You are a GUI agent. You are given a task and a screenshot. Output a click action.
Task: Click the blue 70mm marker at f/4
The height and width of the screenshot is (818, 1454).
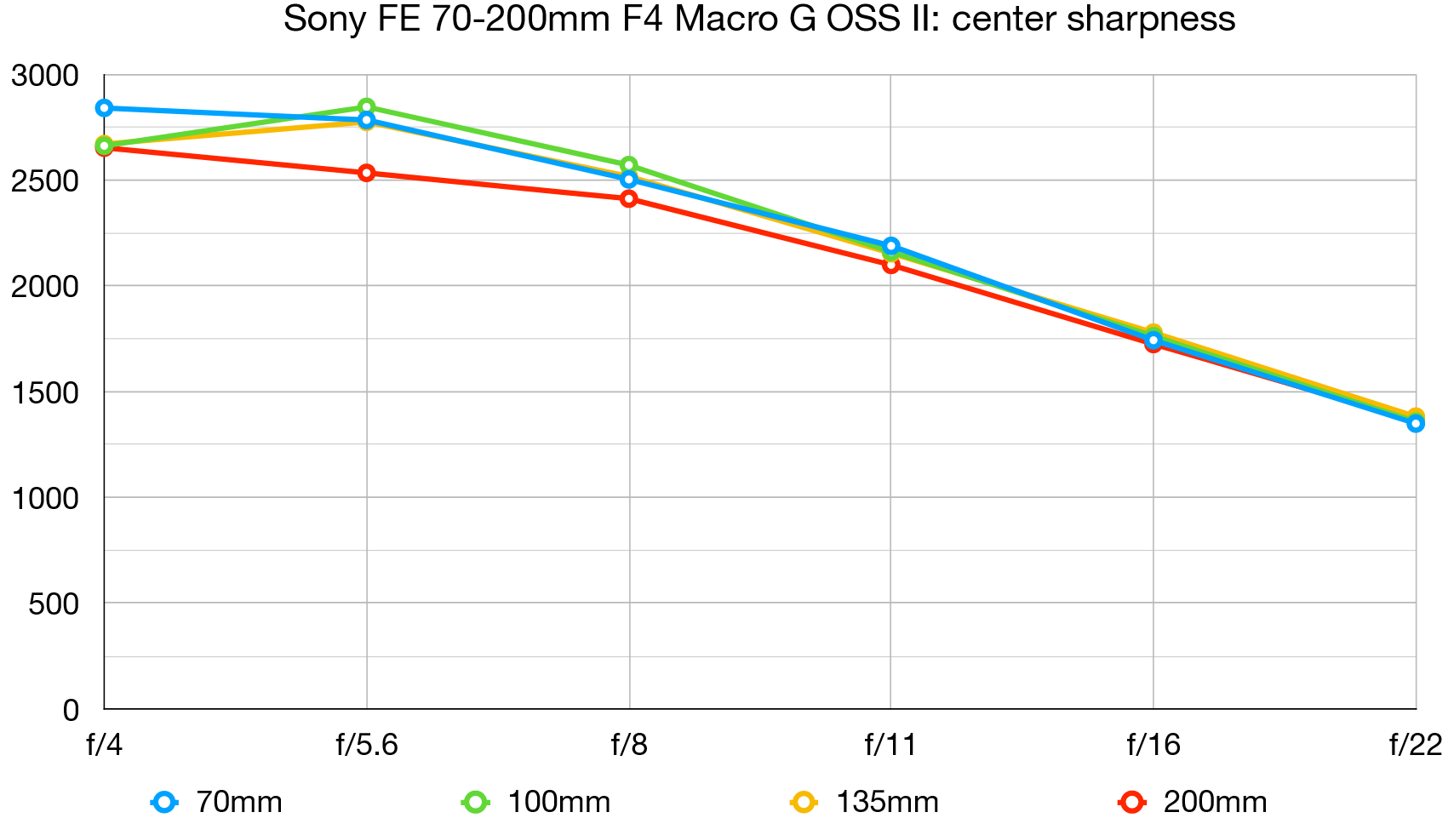coord(104,108)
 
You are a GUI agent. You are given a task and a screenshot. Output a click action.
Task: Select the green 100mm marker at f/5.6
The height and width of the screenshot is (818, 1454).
coord(367,107)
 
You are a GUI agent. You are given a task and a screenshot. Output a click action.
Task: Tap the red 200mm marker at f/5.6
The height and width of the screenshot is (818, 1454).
coord(367,173)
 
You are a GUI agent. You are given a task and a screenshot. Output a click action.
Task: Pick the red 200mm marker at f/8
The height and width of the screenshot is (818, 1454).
coord(629,198)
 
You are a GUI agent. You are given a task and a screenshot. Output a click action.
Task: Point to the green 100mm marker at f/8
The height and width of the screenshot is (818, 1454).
coord(629,165)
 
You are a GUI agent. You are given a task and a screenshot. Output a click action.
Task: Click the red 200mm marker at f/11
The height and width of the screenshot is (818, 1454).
coord(891,265)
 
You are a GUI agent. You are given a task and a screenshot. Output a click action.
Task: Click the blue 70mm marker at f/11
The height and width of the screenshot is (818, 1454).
coord(891,246)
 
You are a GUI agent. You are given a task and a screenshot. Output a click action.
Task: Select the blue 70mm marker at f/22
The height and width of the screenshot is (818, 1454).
coord(1416,423)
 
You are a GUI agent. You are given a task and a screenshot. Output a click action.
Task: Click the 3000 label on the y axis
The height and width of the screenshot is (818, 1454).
coord(44,76)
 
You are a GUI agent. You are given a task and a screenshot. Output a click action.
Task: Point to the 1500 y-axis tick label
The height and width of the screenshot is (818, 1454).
coord(44,392)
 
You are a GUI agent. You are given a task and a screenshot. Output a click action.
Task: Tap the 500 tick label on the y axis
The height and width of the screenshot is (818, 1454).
coord(53,603)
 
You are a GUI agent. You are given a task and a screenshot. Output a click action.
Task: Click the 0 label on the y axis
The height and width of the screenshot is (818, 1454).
coord(71,710)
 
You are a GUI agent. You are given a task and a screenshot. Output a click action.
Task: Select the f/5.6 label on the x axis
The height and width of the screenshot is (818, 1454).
coord(367,746)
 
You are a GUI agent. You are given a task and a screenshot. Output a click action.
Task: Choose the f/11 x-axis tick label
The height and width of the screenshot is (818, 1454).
coord(891,746)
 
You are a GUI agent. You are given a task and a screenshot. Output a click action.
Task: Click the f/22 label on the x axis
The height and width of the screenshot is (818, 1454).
coord(1416,746)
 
